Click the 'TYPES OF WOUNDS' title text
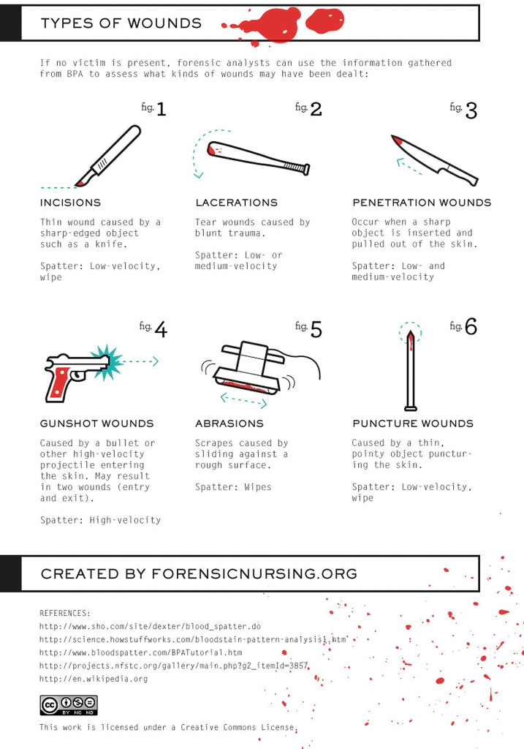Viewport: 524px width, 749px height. (x=121, y=23)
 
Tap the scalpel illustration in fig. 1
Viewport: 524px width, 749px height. (x=110, y=155)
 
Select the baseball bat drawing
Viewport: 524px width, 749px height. (x=256, y=157)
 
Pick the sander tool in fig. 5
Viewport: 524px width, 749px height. (x=248, y=369)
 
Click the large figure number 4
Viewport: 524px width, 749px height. (x=160, y=329)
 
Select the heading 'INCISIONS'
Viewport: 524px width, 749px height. (x=71, y=203)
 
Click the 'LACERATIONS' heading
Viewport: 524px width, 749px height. (x=236, y=203)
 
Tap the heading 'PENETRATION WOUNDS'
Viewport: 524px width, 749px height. (x=422, y=203)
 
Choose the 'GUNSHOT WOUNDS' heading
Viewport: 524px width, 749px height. (x=97, y=424)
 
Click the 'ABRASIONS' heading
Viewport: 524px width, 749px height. (x=229, y=424)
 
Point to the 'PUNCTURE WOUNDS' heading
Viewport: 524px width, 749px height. (x=413, y=424)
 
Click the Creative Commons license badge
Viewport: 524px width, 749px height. (x=69, y=704)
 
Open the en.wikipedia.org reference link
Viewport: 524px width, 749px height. (x=94, y=679)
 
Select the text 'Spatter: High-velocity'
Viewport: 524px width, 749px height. (x=100, y=520)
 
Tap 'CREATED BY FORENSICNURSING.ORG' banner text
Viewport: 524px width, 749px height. (x=199, y=573)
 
